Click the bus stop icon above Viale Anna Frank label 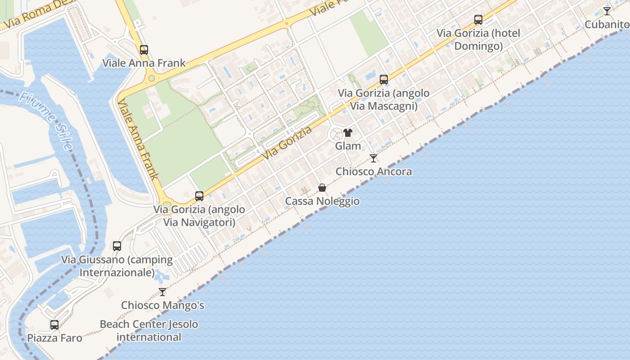pos(144,50)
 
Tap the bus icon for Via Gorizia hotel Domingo pos(478,20)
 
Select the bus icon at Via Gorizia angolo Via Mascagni pos(384,80)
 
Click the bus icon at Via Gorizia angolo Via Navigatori pos(199,196)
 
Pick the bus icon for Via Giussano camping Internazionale pos(117,246)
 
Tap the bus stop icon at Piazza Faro pos(54,325)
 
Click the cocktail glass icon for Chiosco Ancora pos(373,158)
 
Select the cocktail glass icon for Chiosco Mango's pos(162,292)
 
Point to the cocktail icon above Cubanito pos(607,11)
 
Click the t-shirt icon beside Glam pos(348,133)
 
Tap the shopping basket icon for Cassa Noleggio pos(322,188)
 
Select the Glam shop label pos(348,146)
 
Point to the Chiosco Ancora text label pos(373,171)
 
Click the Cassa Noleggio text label pos(322,201)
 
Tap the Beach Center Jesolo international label pos(148,330)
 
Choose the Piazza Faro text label pos(55,338)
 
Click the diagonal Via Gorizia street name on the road pos(288,143)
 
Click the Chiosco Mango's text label pos(162,305)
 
